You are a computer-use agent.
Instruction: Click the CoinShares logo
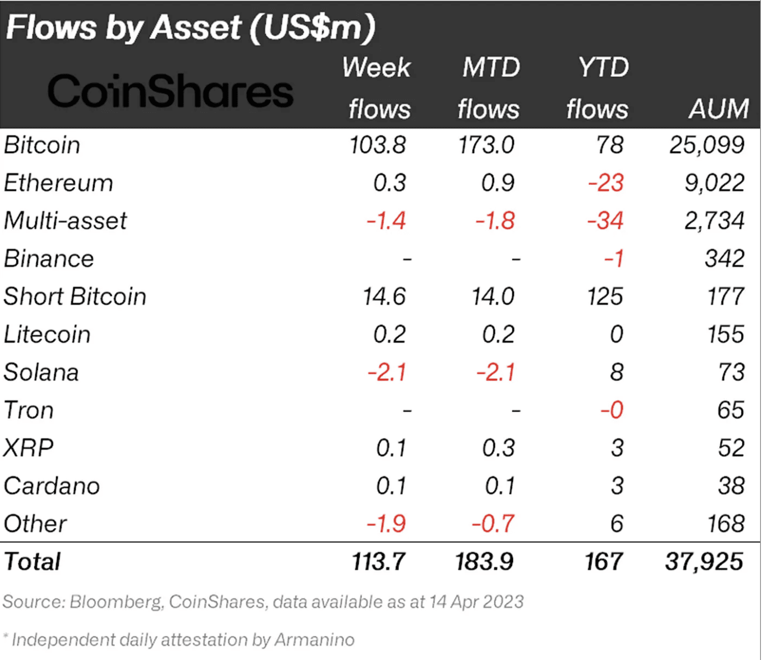tap(170, 91)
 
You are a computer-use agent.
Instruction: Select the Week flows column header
tap(378, 88)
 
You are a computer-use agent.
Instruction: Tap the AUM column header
tap(718, 108)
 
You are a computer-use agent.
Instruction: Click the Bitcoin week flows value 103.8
tap(377, 145)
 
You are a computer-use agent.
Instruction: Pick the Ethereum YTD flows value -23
tap(605, 183)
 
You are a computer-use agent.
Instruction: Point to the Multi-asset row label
tap(65, 221)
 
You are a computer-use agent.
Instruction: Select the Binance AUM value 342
tap(724, 259)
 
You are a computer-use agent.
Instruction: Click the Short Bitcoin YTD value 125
tap(604, 296)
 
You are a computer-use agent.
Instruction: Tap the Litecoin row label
tap(47, 334)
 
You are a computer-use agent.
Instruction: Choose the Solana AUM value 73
tap(731, 372)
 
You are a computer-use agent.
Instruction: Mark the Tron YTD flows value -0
tap(612, 410)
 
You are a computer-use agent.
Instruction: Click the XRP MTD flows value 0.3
tap(498, 448)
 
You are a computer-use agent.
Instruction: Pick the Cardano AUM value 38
tap(731, 486)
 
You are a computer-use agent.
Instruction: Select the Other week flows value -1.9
tap(386, 524)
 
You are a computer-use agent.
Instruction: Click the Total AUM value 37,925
tap(704, 562)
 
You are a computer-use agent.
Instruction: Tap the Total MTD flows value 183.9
tap(484, 562)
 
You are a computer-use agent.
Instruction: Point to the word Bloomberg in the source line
tap(116, 602)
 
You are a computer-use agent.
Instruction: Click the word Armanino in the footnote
tap(314, 640)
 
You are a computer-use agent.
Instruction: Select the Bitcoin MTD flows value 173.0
tap(486, 145)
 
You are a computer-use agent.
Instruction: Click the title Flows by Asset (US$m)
tap(191, 27)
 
